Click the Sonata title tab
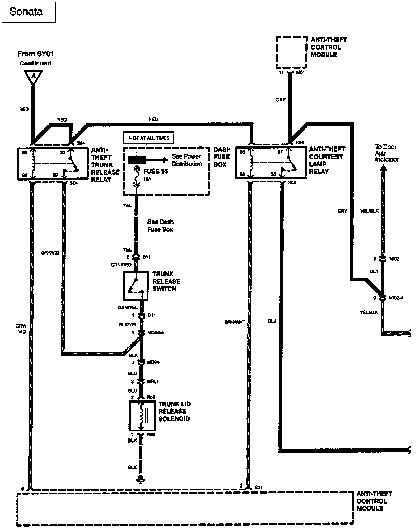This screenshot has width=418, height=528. pyautogui.click(x=26, y=12)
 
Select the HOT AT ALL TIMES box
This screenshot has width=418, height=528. pyautogui.click(x=149, y=138)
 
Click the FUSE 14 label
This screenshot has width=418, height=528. pyautogui.click(x=156, y=171)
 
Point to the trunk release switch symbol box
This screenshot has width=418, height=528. pyautogui.click(x=136, y=286)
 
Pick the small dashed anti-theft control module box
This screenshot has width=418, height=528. pyautogui.click(x=291, y=52)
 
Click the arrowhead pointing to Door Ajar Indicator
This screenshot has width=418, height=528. pyautogui.click(x=383, y=168)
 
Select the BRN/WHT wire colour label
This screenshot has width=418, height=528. pyautogui.click(x=235, y=322)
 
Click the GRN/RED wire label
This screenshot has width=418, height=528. pyautogui.click(x=121, y=265)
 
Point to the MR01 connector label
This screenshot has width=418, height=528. pyautogui.click(x=153, y=381)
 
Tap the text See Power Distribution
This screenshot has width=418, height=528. pyautogui.click(x=187, y=160)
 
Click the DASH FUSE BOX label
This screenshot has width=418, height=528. pyautogui.click(x=222, y=157)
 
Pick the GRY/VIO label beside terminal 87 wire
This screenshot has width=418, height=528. pyautogui.click(x=50, y=253)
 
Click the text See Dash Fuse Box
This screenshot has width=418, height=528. pyautogui.click(x=160, y=225)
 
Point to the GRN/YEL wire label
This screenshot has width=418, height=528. pyautogui.click(x=126, y=307)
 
